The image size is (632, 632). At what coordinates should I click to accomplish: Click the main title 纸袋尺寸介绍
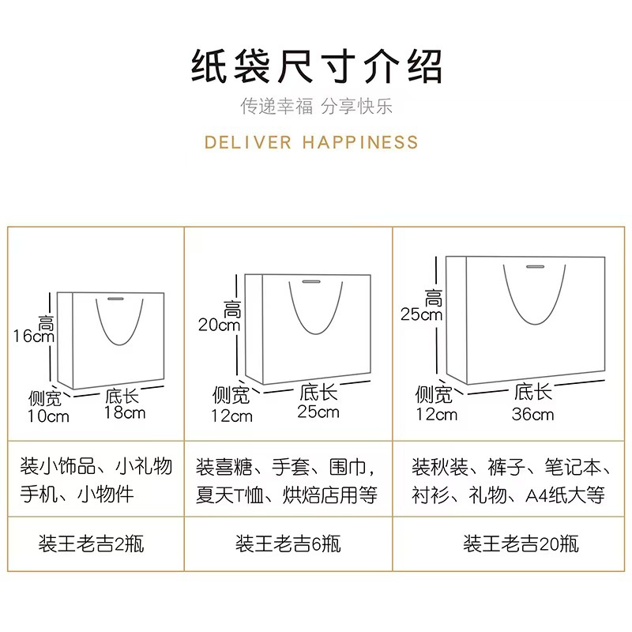[316, 67]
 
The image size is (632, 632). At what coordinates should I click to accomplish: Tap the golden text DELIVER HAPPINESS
[311, 143]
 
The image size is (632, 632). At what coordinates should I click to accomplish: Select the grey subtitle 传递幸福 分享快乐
[316, 107]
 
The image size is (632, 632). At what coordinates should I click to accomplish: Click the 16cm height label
[33, 335]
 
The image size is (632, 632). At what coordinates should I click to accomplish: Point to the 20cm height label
[219, 325]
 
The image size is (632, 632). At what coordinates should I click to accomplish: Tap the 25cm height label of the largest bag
[421, 314]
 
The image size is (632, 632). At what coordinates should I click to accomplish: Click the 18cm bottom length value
[125, 412]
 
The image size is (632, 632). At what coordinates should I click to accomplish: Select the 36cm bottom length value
[533, 413]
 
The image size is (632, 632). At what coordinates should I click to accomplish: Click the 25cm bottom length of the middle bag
[318, 411]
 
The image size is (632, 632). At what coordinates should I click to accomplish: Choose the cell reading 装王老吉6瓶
[288, 544]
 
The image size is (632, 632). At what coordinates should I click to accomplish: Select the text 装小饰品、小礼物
[96, 465]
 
